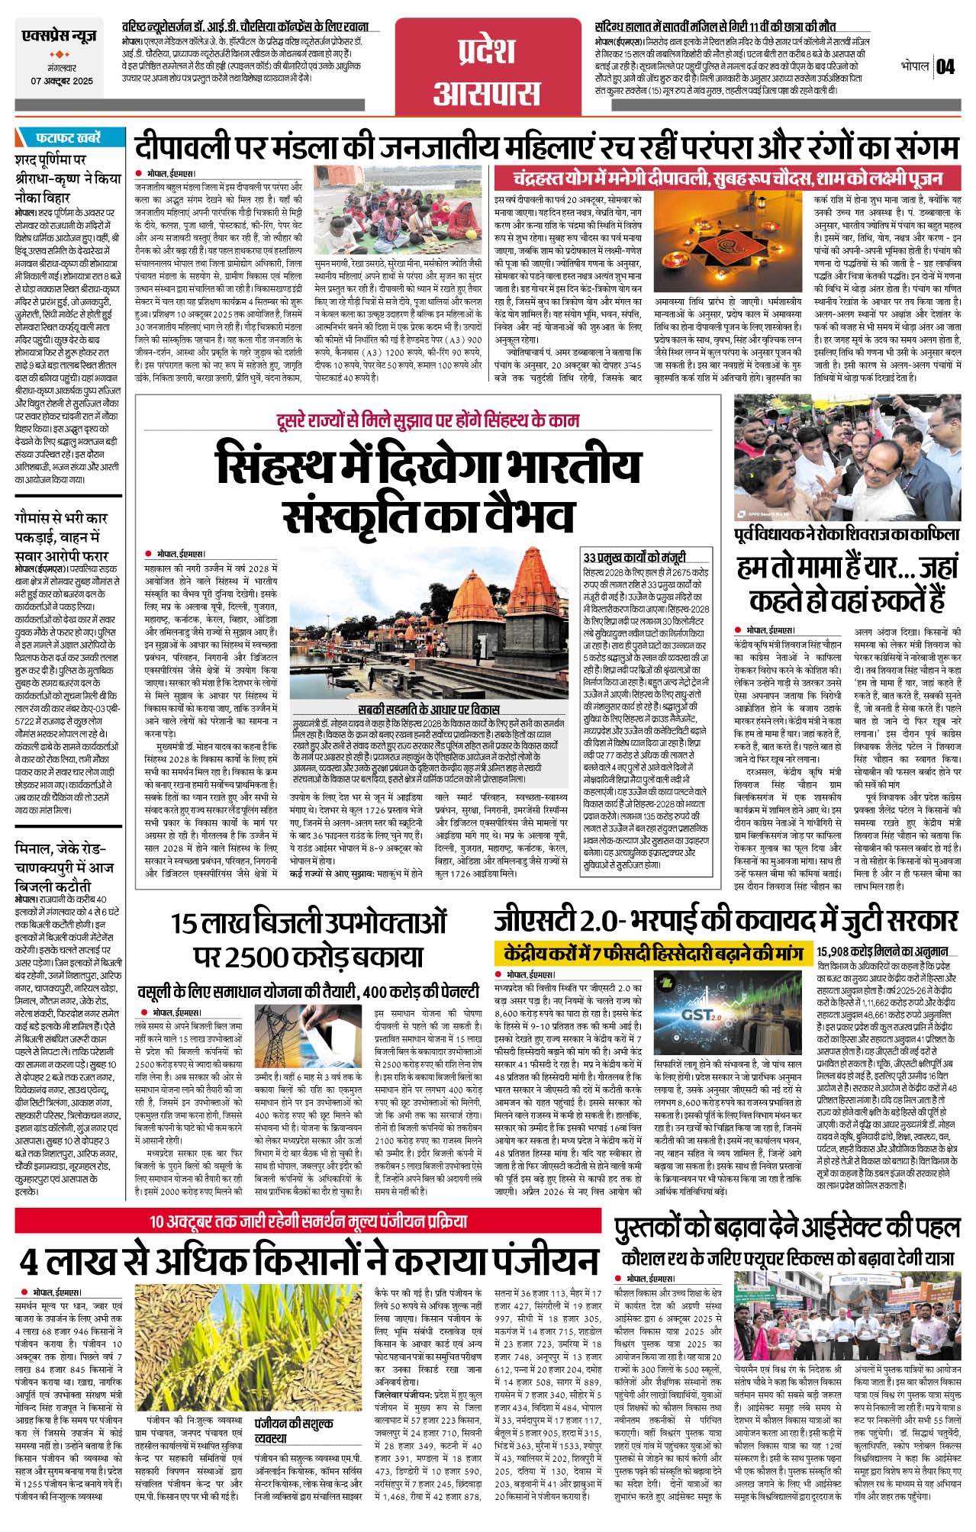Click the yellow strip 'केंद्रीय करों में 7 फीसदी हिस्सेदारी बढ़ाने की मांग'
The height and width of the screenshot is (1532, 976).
(x=652, y=954)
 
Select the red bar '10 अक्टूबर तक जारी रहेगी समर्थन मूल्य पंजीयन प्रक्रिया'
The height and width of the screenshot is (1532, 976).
(x=308, y=1221)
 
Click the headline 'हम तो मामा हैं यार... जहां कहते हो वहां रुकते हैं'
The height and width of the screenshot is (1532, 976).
(x=847, y=584)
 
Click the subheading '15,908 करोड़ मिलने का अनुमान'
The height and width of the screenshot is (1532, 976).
(x=882, y=951)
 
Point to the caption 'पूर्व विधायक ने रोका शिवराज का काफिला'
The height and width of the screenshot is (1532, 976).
(x=847, y=534)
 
